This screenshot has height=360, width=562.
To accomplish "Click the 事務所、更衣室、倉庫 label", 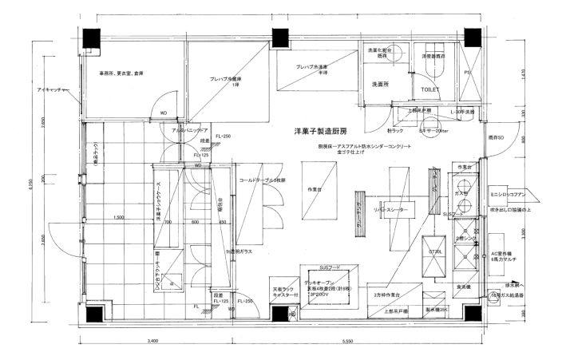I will [x=121, y=73].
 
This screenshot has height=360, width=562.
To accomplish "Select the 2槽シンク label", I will [x=465, y=237].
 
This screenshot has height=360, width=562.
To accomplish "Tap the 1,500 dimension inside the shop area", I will [x=120, y=218].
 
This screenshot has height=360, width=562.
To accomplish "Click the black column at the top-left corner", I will [x=89, y=37].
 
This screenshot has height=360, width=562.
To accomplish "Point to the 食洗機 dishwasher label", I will [x=464, y=286].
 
